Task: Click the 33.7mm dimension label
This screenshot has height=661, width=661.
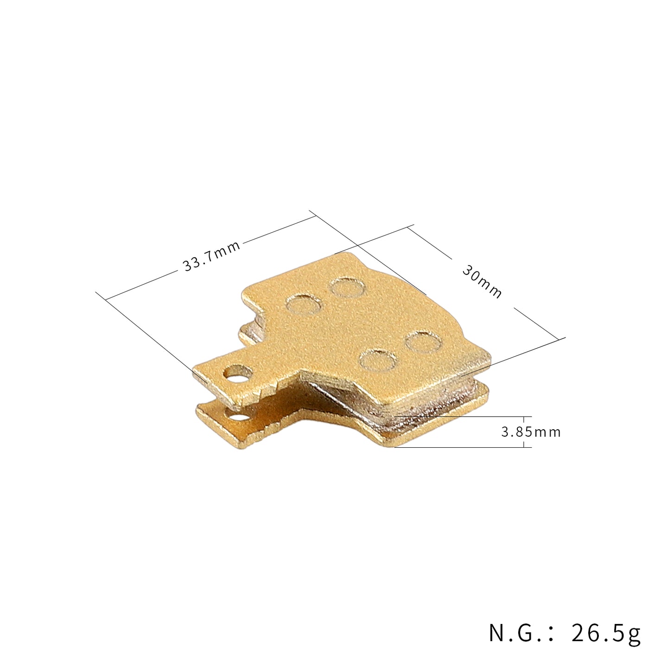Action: point(211,256)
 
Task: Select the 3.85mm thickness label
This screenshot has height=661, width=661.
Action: point(531,432)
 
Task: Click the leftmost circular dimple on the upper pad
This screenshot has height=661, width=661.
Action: point(304,305)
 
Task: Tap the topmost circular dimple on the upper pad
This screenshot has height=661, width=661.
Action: point(346,287)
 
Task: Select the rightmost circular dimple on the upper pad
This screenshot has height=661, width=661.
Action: point(423,342)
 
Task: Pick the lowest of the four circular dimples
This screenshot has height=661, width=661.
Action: point(378,360)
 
